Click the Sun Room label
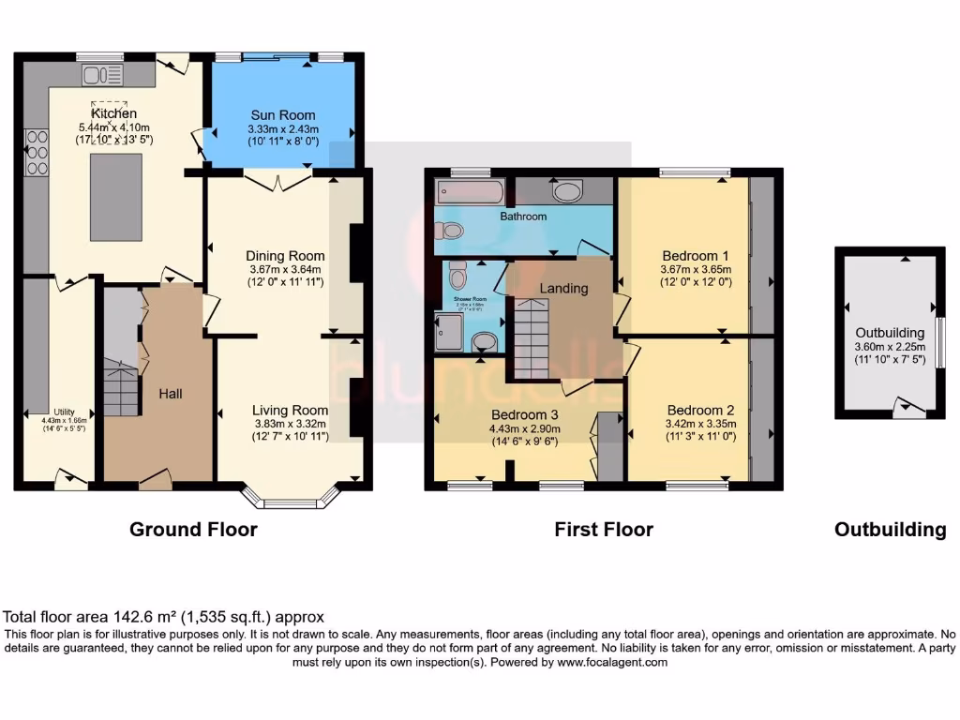point(281,115)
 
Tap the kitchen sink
point(97,74)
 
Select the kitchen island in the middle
point(116,187)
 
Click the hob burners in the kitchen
point(37,153)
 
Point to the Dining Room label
point(285,255)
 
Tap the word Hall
point(170,395)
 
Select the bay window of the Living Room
point(290,497)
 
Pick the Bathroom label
point(522,217)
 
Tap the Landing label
point(563,288)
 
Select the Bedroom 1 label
point(696,255)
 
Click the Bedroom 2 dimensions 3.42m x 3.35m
point(700,424)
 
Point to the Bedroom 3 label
point(524,414)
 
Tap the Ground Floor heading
point(193,530)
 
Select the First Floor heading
point(604,530)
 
